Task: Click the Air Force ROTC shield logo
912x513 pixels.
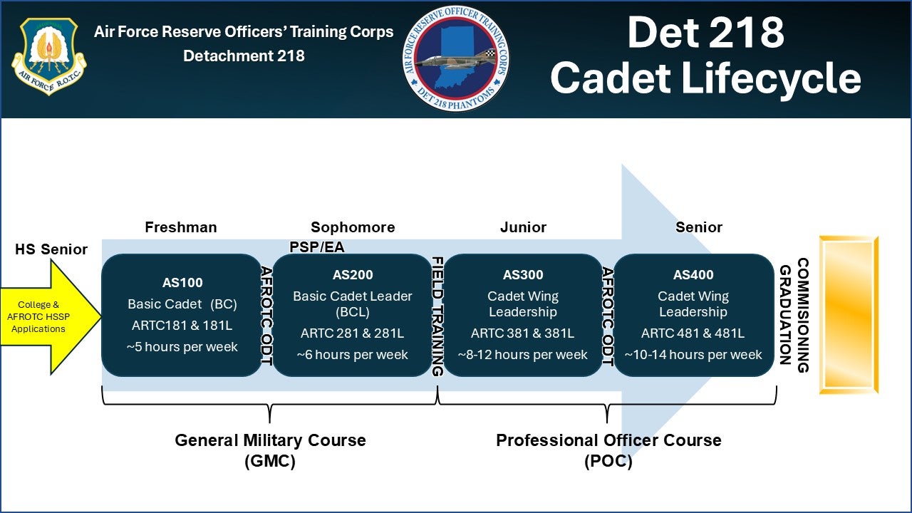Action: (48, 57)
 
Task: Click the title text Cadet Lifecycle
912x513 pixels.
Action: (705, 78)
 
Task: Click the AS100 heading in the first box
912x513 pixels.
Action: (182, 282)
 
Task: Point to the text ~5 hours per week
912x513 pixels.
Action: (182, 347)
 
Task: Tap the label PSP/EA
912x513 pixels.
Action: (317, 247)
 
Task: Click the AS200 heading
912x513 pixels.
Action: (353, 275)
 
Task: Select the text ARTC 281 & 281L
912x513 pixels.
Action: (353, 333)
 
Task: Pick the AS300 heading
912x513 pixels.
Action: (523, 275)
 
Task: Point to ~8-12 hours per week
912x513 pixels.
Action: (523, 354)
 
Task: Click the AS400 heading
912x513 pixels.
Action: (693, 275)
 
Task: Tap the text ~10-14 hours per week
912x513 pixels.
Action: (693, 354)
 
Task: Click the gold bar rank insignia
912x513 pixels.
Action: (849, 315)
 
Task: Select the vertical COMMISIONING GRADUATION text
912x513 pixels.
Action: (793, 315)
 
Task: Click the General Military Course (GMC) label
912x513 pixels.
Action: (270, 450)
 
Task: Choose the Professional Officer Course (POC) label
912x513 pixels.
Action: (608, 450)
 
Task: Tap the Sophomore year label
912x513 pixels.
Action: (353, 227)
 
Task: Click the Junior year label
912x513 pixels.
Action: (523, 227)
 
